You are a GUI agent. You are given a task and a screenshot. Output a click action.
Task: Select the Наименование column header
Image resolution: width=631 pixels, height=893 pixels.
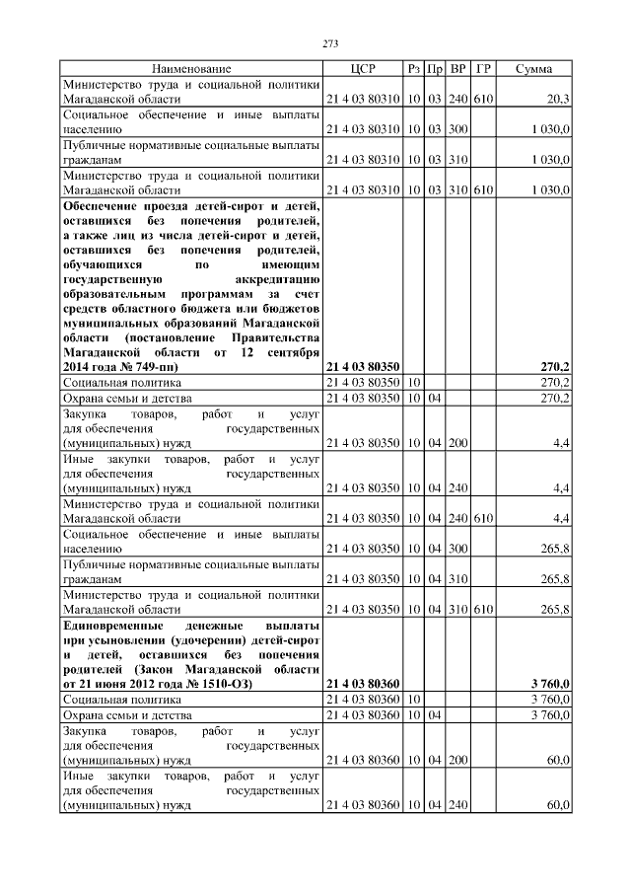point(191,69)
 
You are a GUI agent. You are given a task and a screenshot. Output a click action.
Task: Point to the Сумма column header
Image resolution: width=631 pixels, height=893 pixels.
point(533,69)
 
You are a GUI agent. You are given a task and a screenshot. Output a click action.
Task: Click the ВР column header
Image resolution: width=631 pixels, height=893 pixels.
point(457,69)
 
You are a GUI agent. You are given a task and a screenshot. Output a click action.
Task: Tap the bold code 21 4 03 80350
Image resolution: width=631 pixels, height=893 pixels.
point(362,366)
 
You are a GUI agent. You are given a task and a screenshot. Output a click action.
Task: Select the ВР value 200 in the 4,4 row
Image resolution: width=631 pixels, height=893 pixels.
point(457,443)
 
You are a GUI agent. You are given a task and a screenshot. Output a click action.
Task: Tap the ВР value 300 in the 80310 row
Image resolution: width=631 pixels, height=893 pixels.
point(457,129)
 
